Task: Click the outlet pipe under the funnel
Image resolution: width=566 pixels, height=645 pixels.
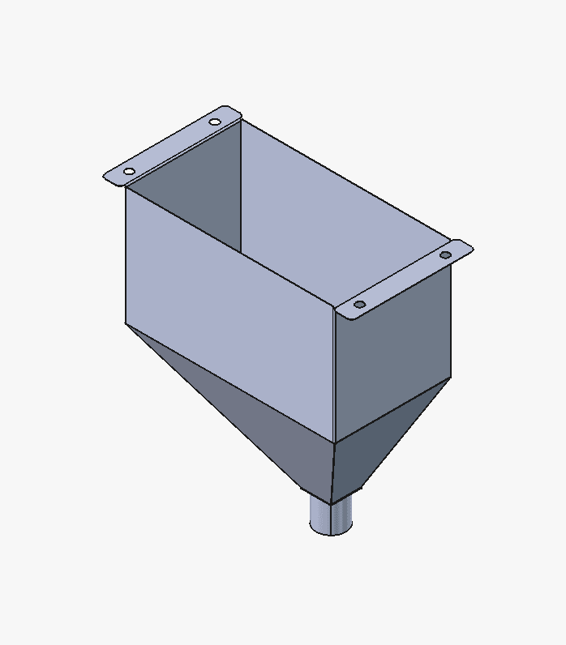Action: [x=331, y=515]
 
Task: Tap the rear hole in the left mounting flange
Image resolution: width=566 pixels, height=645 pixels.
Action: [x=214, y=122]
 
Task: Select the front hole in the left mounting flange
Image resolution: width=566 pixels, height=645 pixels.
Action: [x=129, y=171]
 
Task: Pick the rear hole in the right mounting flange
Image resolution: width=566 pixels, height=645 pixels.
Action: [x=445, y=255]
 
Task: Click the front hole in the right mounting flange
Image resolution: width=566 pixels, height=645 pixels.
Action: [x=360, y=305]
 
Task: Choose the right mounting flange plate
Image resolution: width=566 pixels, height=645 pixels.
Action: [x=403, y=280]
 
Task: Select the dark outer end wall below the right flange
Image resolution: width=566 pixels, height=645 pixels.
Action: [x=393, y=357]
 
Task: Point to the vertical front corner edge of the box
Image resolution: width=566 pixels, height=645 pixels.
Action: [x=335, y=373]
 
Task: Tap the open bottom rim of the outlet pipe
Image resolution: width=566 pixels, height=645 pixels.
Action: [x=332, y=531]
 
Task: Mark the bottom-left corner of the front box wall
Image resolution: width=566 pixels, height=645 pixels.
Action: [x=126, y=323]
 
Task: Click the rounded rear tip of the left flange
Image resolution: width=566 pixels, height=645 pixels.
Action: [x=236, y=109]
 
